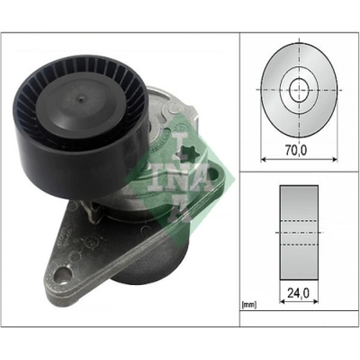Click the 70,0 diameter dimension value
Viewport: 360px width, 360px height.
pos(298,151)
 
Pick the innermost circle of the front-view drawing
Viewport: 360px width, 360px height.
pos(299,90)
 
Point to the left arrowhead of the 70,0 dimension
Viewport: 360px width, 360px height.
pos(263,159)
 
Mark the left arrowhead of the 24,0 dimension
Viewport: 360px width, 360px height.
pos(282,302)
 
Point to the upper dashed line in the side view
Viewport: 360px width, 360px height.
pos(299,222)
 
